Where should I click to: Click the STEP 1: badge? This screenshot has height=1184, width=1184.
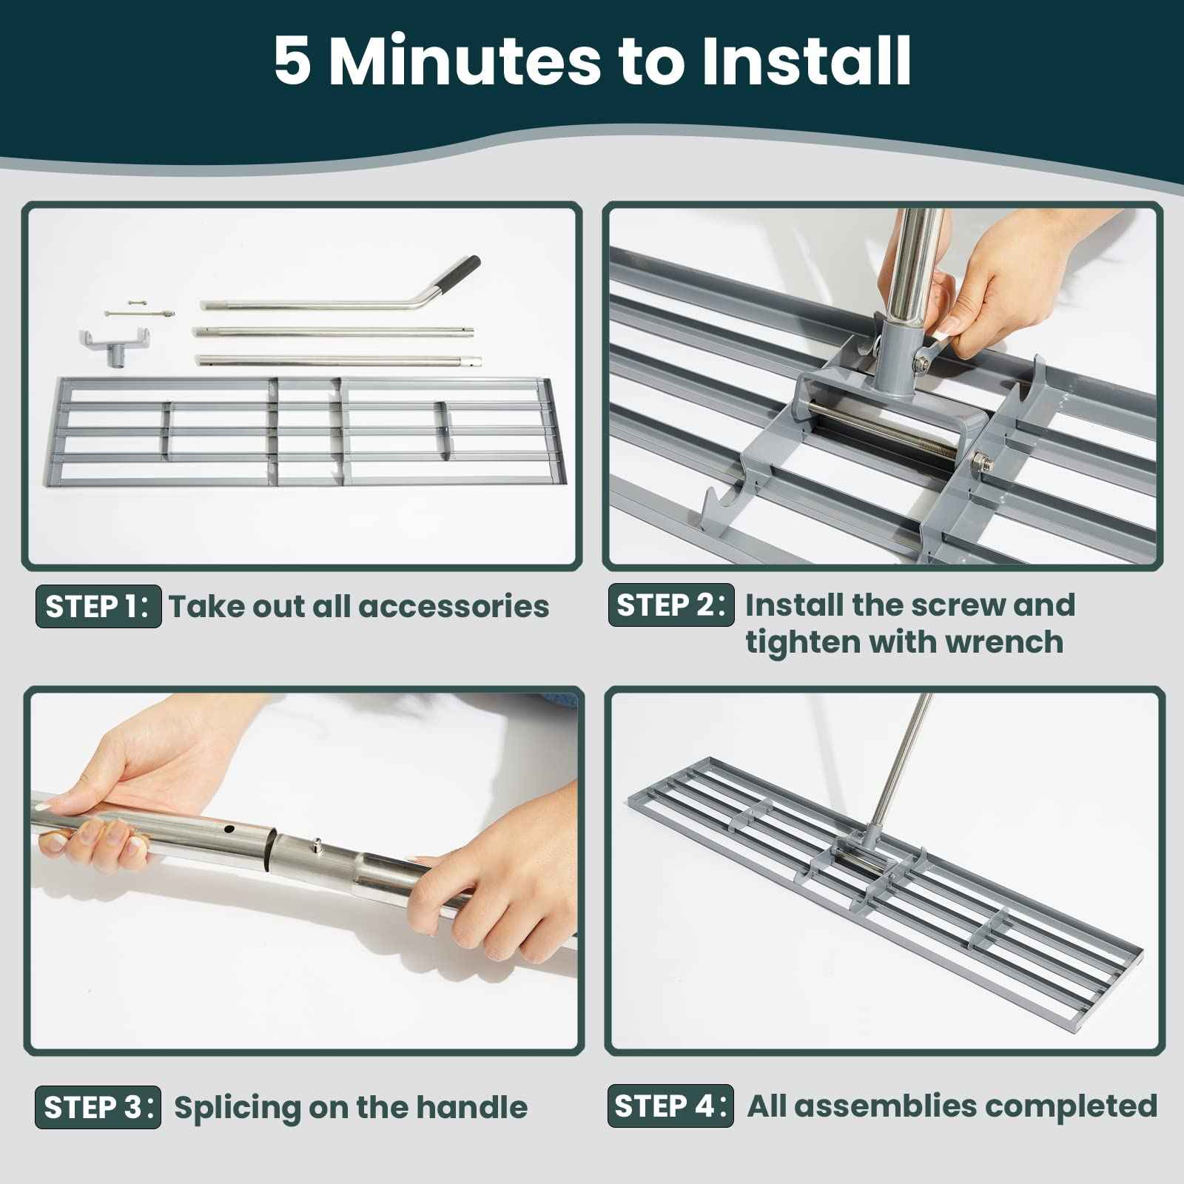(x=98, y=607)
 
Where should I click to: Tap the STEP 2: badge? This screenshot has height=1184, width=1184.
(x=671, y=605)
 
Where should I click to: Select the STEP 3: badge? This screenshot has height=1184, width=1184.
(x=98, y=1108)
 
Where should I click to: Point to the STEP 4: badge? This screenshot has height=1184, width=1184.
(x=670, y=1106)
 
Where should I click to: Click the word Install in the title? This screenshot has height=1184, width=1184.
(x=806, y=61)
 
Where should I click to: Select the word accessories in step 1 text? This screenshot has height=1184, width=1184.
(x=453, y=607)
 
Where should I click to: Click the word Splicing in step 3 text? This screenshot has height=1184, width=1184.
(x=238, y=1108)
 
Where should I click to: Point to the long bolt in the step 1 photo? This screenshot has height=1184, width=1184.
(x=141, y=314)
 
